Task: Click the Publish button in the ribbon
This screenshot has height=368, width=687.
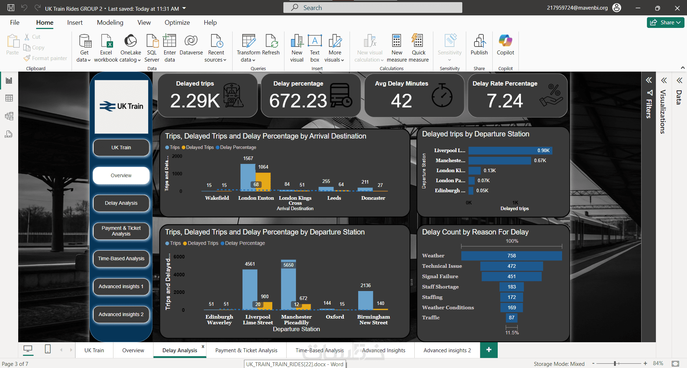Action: [479, 45]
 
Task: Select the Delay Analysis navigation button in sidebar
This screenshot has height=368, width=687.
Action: [121, 203]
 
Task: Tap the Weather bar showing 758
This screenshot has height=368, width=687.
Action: [511, 256]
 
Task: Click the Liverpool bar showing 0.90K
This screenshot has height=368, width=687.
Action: [510, 150]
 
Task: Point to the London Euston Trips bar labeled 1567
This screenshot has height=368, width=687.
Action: [248, 177]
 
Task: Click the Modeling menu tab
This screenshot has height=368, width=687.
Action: [110, 23]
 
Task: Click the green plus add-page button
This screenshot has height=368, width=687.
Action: [489, 350]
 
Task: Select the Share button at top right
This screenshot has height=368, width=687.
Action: [665, 23]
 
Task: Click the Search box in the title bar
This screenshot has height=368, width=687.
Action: [372, 8]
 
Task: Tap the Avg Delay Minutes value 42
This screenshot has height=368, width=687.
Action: [401, 101]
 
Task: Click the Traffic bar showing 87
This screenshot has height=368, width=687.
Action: [511, 318]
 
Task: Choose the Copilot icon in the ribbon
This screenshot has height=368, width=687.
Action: [505, 45]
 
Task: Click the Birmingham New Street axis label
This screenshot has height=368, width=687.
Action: [373, 320]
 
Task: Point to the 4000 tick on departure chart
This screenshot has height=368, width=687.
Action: [179, 275]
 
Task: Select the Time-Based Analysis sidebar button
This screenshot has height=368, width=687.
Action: [121, 258]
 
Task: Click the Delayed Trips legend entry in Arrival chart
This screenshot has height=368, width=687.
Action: [198, 147]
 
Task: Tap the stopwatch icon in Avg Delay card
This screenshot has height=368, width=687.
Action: [442, 96]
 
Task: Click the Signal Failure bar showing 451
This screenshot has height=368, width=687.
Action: [511, 276]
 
